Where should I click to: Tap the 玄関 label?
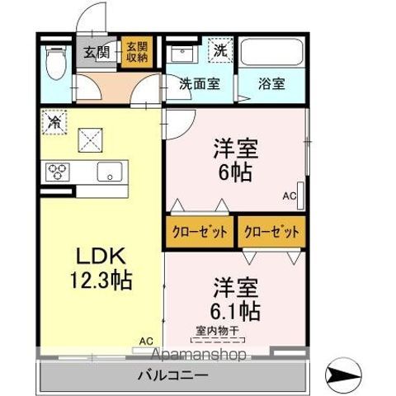97,53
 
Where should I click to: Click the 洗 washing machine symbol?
219,50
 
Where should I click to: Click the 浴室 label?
271,83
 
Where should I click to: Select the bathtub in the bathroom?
271,54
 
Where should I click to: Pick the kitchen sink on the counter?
110,172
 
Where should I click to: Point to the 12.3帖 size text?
97,279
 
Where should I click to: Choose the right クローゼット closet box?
271,232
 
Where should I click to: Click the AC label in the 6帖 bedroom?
289,196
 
